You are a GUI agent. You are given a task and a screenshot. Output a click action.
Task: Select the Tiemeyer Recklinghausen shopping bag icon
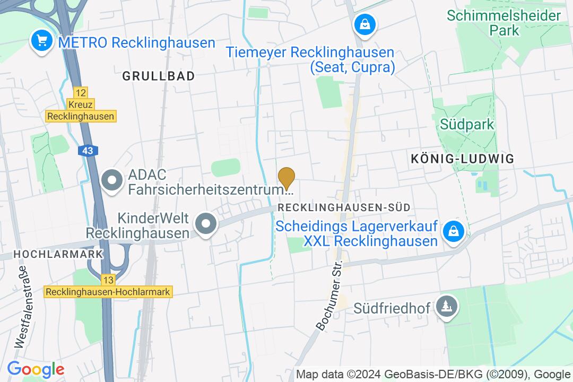tap(365, 24)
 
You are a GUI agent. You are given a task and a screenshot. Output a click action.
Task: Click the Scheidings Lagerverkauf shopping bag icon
tap(454, 231)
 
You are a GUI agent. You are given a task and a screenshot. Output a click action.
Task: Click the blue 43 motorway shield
tap(88, 151)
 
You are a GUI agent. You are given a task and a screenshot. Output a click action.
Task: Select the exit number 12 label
tap(80, 92)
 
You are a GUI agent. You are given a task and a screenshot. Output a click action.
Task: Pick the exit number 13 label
tap(108, 280)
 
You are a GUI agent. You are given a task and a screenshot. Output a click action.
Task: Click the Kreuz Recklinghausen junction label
tap(80, 110)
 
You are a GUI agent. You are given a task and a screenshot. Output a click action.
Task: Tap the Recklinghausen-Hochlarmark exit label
tap(108, 292)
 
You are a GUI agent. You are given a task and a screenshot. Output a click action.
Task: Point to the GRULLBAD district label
tap(158, 76)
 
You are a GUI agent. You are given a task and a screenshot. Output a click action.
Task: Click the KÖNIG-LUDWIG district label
tap(463, 158)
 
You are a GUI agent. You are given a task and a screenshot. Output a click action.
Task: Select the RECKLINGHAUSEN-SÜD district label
tap(344, 207)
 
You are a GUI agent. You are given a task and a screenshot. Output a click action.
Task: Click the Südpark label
tap(467, 125)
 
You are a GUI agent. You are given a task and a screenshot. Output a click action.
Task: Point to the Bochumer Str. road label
tap(330, 296)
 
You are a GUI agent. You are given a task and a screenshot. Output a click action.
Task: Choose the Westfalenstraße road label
tap(22, 314)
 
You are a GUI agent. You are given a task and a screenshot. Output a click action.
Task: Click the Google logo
tap(35, 369)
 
